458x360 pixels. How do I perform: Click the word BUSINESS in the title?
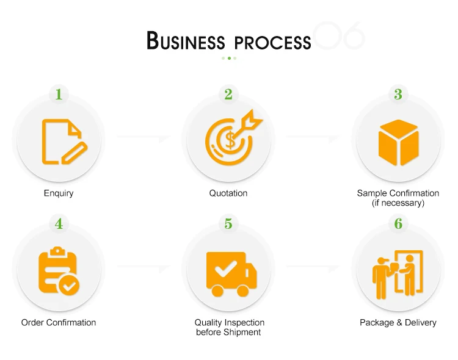(186, 40)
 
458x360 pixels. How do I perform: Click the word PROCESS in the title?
(273, 43)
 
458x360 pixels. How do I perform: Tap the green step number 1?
(59, 95)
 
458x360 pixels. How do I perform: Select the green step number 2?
(228, 95)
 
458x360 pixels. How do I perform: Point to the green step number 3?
(398, 95)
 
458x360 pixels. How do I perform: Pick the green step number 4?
(59, 224)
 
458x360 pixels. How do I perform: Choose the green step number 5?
(228, 224)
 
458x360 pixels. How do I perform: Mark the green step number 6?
(398, 224)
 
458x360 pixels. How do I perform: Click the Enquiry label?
(59, 193)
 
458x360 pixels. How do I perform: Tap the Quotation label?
(228, 193)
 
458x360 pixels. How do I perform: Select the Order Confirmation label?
(59, 322)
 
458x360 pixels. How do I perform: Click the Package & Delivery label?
(398, 322)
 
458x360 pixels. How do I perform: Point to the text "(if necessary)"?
(398, 203)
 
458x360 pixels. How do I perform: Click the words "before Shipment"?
(228, 333)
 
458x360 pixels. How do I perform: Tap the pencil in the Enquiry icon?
(75, 153)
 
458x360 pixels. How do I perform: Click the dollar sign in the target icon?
(230, 140)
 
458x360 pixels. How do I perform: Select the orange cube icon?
(398, 143)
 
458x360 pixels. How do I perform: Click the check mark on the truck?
(225, 268)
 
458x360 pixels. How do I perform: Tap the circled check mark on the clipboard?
(69, 286)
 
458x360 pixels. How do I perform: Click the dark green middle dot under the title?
(229, 58)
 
